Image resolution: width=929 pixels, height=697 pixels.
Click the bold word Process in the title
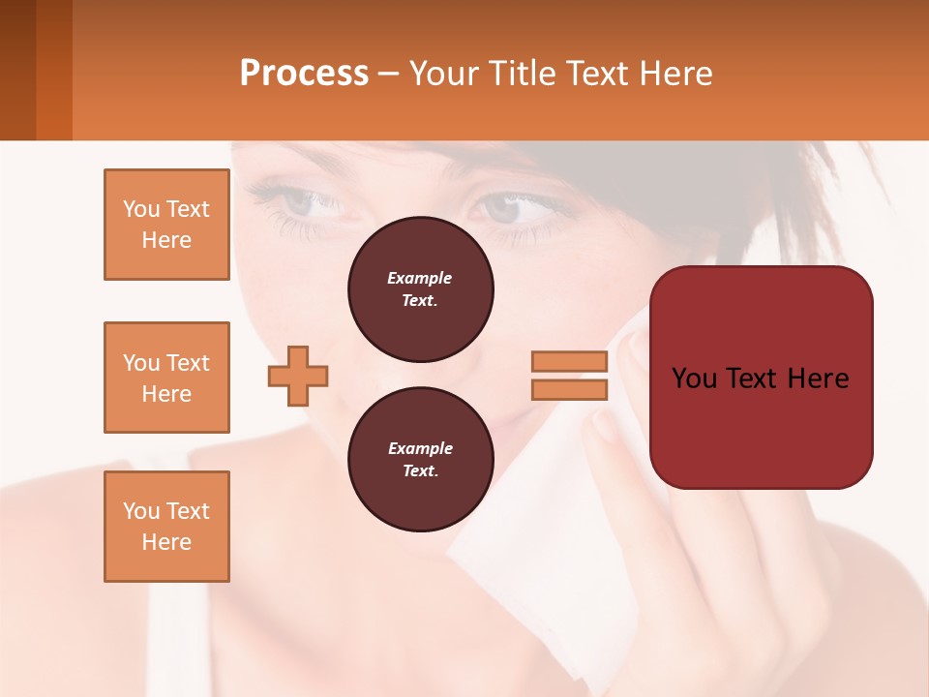[304, 74]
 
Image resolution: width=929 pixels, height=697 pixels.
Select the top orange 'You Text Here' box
[166, 225]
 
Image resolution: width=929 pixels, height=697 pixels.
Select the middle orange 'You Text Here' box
[166, 378]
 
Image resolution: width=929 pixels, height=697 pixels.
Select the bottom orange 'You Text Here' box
[166, 527]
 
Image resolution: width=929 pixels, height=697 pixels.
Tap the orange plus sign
[298, 376]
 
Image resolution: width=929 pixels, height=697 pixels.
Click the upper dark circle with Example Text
[420, 289]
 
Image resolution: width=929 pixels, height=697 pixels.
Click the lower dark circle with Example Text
[420, 460]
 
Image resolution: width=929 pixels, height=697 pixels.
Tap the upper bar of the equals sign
[569, 362]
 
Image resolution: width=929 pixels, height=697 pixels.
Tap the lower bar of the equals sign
[569, 390]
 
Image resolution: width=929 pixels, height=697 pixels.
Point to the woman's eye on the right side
[503, 207]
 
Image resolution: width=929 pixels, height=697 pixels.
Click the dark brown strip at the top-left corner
[17, 70]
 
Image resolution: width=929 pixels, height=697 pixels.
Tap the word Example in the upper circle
[420, 279]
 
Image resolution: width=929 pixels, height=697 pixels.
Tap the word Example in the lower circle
[420, 449]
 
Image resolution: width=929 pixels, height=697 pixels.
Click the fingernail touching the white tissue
[605, 425]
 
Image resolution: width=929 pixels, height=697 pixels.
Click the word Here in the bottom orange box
[166, 542]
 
